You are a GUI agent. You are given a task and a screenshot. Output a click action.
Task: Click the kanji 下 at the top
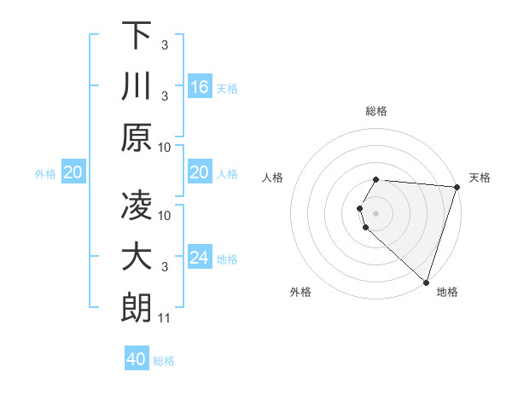[137, 36]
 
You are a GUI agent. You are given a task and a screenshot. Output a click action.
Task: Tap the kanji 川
[137, 88]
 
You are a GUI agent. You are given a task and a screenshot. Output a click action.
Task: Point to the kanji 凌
[137, 206]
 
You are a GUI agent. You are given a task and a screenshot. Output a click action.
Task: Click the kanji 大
[137, 258]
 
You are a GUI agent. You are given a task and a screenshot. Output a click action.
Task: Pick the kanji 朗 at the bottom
[137, 310]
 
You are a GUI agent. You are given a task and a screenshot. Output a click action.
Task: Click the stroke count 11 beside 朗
[165, 319]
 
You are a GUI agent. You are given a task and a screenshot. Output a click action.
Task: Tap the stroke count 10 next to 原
[165, 147]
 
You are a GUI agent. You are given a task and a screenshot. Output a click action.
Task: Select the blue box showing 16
[200, 87]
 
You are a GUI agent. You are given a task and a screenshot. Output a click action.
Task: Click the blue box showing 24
[200, 259]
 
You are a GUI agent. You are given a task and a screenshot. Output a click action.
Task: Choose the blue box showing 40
[136, 359]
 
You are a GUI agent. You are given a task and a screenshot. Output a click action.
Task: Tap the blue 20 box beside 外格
[73, 173]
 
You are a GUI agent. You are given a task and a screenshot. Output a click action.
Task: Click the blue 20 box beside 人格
[200, 173]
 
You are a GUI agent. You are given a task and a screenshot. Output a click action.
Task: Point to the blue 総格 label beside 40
[164, 361]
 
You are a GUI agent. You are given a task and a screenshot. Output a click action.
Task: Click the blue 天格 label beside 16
[227, 89]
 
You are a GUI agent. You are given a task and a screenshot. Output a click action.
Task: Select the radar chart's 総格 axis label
[376, 111]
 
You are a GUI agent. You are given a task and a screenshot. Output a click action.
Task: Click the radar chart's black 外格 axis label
[300, 292]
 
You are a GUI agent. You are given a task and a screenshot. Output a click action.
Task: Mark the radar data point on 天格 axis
[457, 187]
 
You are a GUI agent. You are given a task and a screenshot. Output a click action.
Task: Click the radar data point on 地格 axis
[426, 282]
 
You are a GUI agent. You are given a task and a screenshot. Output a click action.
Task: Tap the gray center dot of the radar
[376, 212]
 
